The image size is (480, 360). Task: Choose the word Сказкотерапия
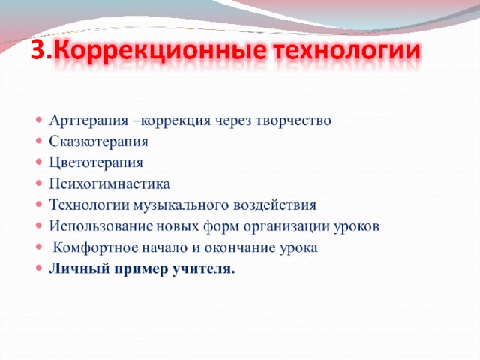(98, 142)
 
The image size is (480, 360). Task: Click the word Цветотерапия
(96, 163)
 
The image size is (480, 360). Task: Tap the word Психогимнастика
(109, 184)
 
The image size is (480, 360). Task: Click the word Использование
(100, 226)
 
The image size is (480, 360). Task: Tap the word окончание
(240, 247)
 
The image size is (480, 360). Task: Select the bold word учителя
(203, 269)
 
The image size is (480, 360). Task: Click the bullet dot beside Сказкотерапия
(38, 142)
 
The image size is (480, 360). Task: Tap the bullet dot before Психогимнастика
(38, 184)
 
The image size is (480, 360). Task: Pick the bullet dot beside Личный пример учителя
(38, 268)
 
